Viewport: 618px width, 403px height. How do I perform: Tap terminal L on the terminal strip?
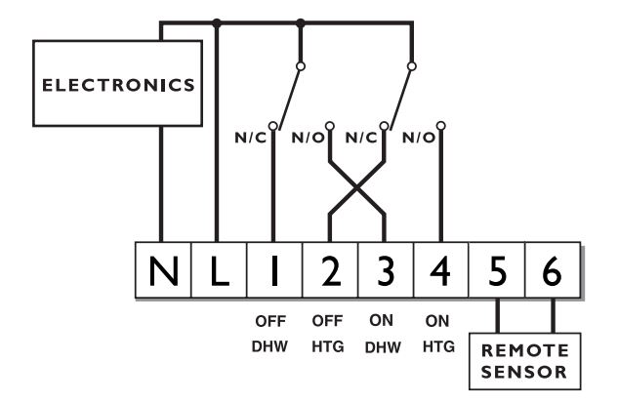(x=216, y=264)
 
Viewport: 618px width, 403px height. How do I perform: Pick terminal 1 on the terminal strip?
(x=272, y=264)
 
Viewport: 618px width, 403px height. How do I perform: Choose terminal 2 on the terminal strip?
(x=329, y=264)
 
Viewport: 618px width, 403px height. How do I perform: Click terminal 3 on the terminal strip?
(x=386, y=264)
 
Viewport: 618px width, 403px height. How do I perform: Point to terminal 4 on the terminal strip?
(x=442, y=264)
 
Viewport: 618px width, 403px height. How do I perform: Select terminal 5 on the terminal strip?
(x=499, y=264)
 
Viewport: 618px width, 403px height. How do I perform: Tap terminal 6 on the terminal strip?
(x=554, y=264)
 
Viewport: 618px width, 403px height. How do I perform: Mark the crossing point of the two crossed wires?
(x=356, y=191)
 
